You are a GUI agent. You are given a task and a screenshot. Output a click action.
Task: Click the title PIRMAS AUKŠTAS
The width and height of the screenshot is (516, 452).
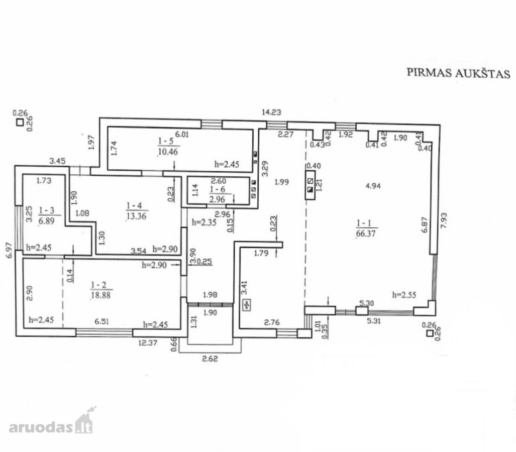click(x=458, y=73)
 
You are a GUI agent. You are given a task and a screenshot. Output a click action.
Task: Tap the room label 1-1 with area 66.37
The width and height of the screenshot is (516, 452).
click(x=366, y=229)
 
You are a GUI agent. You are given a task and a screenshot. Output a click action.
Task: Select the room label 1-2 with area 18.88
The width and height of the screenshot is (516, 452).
click(x=100, y=290)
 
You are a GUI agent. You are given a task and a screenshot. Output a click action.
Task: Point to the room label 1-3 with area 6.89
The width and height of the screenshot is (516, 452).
click(x=47, y=215)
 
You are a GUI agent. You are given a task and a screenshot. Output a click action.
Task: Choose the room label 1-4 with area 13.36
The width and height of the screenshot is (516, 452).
click(x=137, y=211)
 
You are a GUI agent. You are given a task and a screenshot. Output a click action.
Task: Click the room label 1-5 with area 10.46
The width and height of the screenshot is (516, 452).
click(x=168, y=146)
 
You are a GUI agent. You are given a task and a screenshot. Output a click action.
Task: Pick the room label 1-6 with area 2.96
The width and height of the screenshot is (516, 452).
click(x=217, y=194)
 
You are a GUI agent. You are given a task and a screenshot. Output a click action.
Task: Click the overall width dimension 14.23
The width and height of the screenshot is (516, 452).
click(x=271, y=112)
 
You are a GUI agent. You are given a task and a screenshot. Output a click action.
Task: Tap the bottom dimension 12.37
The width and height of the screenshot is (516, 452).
click(x=148, y=343)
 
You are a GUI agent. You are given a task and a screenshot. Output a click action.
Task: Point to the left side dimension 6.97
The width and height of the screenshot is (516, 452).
click(x=10, y=250)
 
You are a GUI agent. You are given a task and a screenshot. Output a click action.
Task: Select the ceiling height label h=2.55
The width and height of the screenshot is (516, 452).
click(x=404, y=294)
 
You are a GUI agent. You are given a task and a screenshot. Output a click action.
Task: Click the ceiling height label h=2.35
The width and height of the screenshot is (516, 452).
click(x=204, y=222)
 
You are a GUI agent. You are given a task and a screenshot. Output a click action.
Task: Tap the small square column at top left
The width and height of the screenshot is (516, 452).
click(x=20, y=123)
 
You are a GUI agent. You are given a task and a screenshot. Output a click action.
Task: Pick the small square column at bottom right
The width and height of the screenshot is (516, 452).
click(x=430, y=333)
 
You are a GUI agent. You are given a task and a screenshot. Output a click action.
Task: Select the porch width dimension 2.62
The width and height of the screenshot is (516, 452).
click(x=210, y=359)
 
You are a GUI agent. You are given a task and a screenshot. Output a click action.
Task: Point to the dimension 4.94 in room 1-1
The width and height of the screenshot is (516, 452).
click(x=373, y=186)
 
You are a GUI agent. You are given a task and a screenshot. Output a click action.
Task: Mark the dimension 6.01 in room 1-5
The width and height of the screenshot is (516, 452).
click(x=182, y=134)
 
